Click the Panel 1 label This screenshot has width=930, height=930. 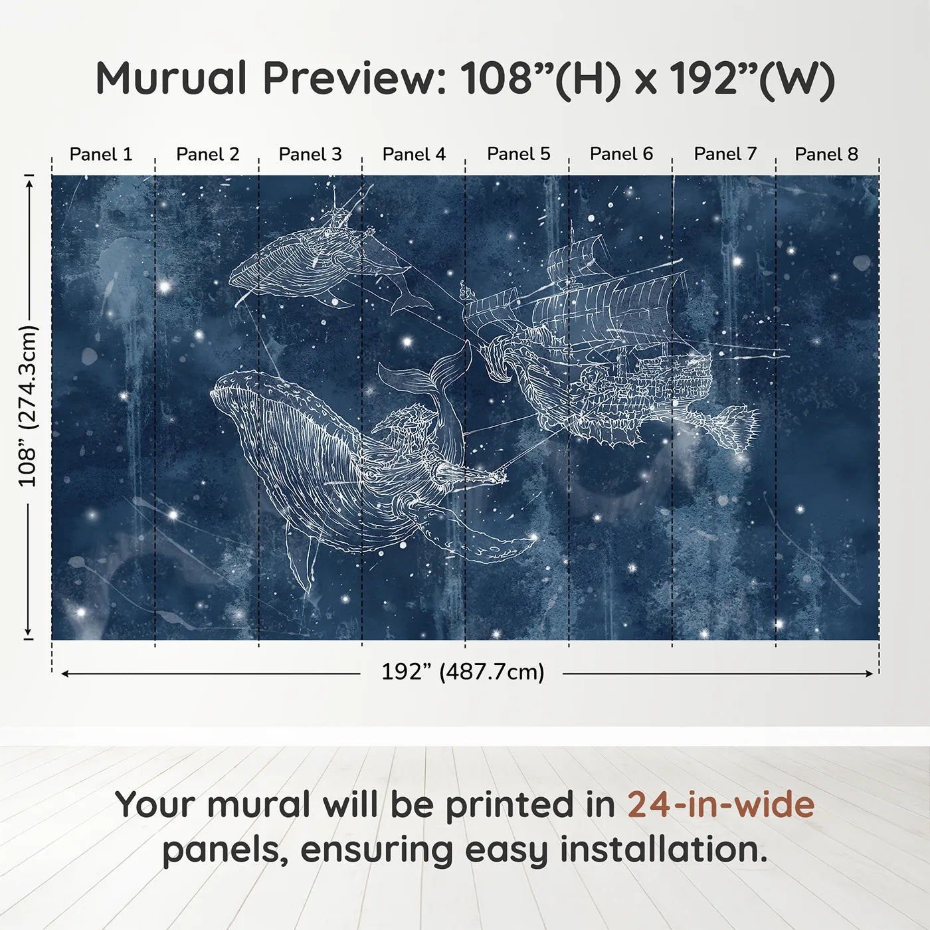pyautogui.click(x=101, y=154)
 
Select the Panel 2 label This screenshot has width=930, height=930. pyautogui.click(x=207, y=154)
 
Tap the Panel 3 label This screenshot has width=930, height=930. pyautogui.click(x=310, y=154)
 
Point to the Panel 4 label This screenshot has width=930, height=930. pyautogui.click(x=414, y=154)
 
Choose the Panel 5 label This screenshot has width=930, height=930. pyautogui.click(x=518, y=154)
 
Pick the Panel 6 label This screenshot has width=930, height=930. pyautogui.click(x=621, y=154)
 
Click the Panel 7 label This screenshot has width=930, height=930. pyautogui.click(x=725, y=154)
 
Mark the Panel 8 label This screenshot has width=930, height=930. pyautogui.click(x=826, y=154)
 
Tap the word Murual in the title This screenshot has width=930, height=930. pyautogui.click(x=171, y=78)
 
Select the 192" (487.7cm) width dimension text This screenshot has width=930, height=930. pyautogui.click(x=462, y=672)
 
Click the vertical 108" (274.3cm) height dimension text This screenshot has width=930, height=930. pyautogui.click(x=28, y=406)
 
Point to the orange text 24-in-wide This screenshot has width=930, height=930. pyautogui.click(x=721, y=804)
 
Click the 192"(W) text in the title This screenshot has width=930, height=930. pyautogui.click(x=751, y=78)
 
